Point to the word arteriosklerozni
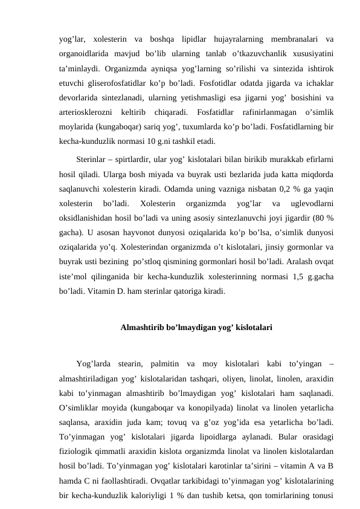pyautogui.click(x=85, y=112)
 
